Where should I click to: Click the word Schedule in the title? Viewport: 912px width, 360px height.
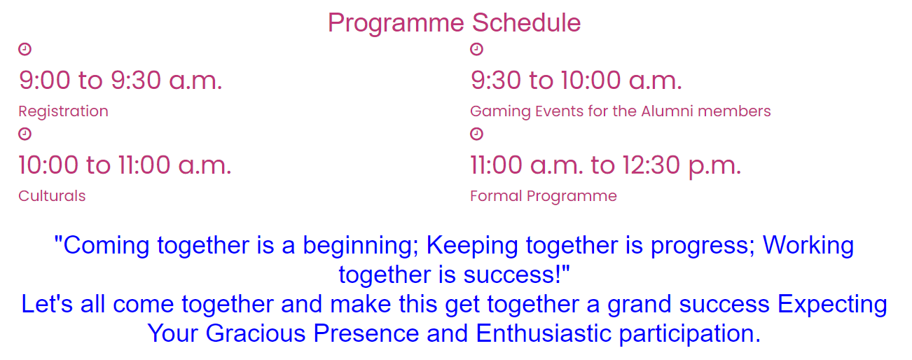pos(526,22)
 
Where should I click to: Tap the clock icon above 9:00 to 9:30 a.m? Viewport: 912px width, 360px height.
pos(25,49)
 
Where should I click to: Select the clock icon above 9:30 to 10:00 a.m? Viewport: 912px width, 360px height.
pos(476,49)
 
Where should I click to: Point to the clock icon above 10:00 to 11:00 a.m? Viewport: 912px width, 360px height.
pos(25,134)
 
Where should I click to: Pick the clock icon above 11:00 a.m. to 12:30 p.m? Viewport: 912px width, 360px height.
pos(476,134)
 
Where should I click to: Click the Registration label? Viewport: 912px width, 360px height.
pos(64,112)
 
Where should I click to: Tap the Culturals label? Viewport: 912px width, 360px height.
pos(52,196)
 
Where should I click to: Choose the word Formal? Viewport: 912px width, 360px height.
pos(496,196)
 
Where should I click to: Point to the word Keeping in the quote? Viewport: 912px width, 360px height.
pos(472,247)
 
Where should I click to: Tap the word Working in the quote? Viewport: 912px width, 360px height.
pos(808,247)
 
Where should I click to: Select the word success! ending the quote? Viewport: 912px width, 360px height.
pos(516,274)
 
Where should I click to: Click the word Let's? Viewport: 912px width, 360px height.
pos(47,304)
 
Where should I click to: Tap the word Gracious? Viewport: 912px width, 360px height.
pos(255,333)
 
